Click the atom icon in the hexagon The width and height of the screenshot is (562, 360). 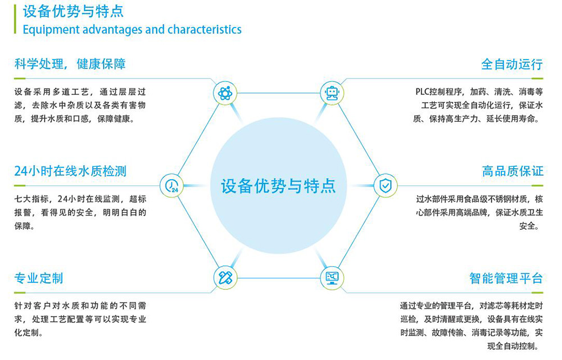(x=225, y=93)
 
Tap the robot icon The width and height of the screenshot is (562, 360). (x=332, y=93)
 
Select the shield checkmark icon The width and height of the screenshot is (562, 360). (x=386, y=185)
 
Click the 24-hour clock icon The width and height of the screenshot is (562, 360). (x=171, y=185)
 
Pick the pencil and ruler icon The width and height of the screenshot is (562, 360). (x=225, y=278)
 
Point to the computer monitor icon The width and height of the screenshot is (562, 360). (x=332, y=278)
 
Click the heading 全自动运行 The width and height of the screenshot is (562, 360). (x=512, y=65)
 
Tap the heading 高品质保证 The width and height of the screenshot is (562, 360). (x=513, y=171)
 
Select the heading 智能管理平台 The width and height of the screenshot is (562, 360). (x=506, y=279)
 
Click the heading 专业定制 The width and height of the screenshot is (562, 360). (x=39, y=279)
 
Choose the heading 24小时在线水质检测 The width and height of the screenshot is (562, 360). (x=70, y=171)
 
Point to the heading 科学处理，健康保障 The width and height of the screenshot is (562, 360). (x=70, y=64)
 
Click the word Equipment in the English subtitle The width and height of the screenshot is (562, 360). (x=51, y=30)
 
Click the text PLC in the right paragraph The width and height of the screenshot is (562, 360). (x=422, y=92)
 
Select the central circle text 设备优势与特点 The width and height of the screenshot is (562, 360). (x=278, y=186)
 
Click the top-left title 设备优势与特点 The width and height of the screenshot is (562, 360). (x=74, y=11)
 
